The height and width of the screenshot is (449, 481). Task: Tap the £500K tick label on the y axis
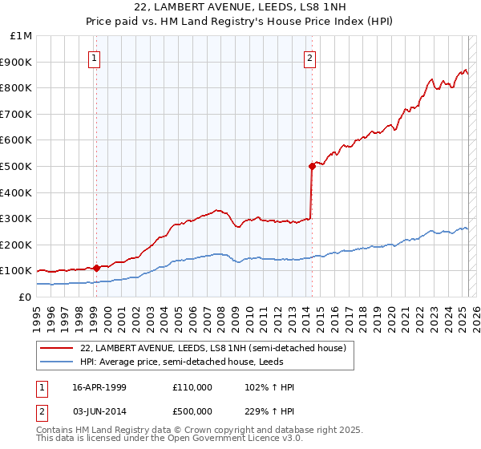click(17, 167)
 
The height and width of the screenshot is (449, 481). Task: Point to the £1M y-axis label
click(22, 36)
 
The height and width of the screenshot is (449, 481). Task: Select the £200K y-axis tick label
click(17, 245)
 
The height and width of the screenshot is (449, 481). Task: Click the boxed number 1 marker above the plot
click(95, 57)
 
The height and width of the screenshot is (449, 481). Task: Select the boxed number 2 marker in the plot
click(309, 57)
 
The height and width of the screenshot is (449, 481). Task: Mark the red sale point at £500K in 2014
click(312, 166)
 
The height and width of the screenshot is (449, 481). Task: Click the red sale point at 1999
click(96, 268)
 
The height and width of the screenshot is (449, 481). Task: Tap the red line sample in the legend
click(57, 348)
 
